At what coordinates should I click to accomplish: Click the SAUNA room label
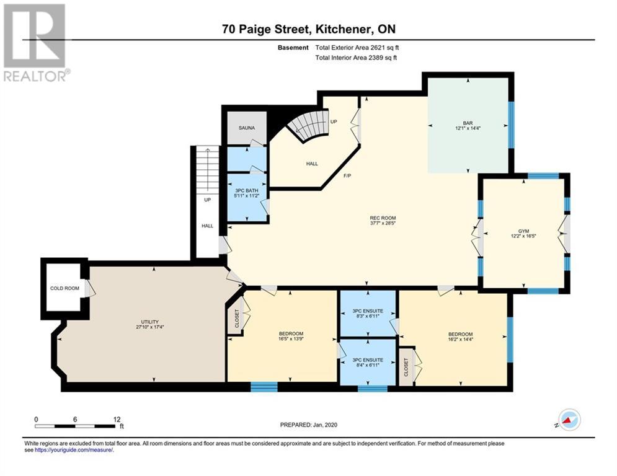(x=247, y=128)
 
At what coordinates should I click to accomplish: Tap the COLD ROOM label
(x=64, y=288)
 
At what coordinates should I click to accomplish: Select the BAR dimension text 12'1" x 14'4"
(x=468, y=128)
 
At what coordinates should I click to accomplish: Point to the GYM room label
(x=523, y=231)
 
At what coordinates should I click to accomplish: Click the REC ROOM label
(x=383, y=218)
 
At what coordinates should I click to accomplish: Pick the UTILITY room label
(x=150, y=322)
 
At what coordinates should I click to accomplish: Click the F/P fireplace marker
(x=347, y=176)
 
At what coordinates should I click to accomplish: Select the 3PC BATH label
(x=246, y=191)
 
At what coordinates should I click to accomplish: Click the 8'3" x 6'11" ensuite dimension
(x=368, y=316)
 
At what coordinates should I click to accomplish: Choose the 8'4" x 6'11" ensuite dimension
(x=368, y=365)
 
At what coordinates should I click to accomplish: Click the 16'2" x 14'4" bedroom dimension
(x=460, y=339)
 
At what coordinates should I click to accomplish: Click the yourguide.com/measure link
(x=74, y=450)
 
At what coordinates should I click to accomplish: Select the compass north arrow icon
(x=569, y=420)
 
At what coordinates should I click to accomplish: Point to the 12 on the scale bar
(x=117, y=420)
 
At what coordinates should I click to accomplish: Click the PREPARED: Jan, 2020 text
(x=309, y=425)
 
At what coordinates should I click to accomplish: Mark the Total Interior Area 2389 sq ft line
(x=356, y=58)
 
